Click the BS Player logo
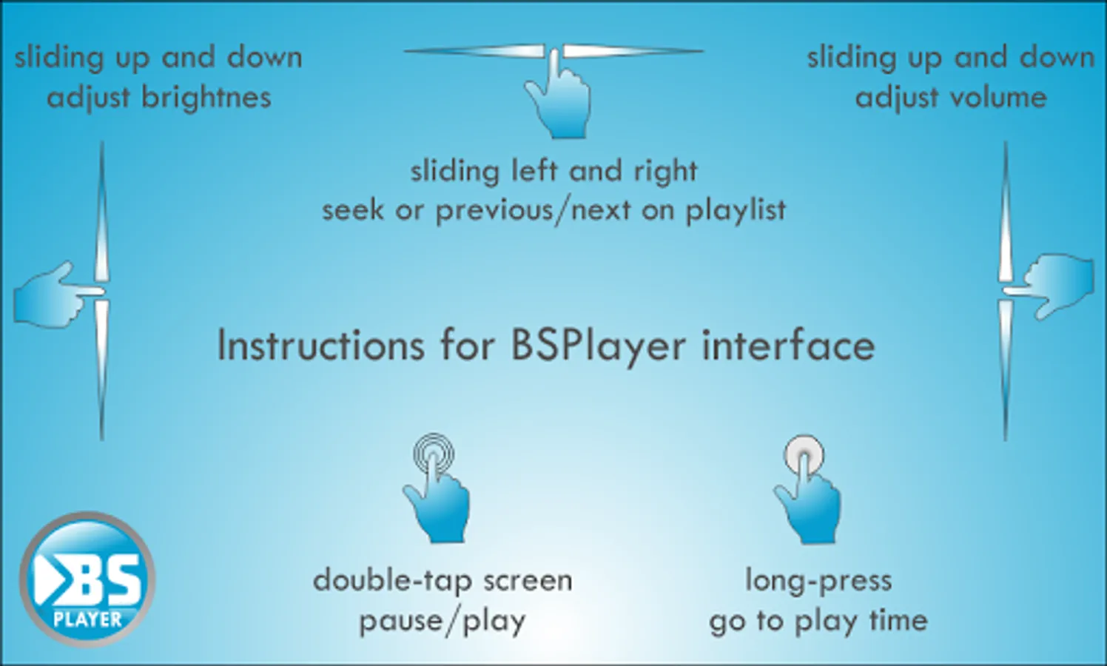(87, 579)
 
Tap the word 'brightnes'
(206, 97)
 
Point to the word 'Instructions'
(320, 346)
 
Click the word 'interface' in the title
(789, 345)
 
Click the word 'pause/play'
(443, 622)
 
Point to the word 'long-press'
(818, 581)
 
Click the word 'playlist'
(736, 210)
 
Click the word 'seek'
(353, 209)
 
